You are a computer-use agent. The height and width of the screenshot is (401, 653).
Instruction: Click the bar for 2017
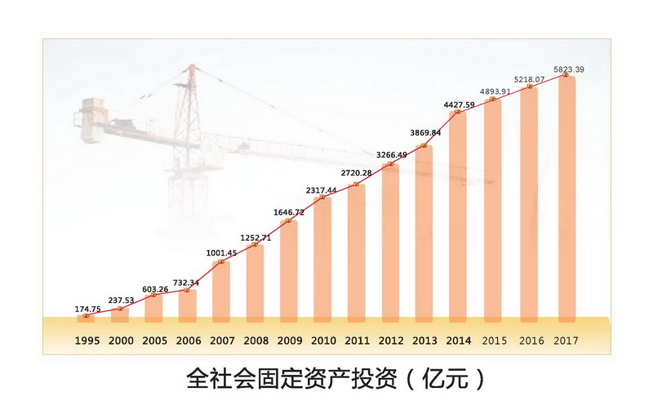566,196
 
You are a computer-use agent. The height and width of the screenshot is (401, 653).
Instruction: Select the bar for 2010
322,257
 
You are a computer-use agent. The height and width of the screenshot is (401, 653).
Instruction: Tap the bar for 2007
221,290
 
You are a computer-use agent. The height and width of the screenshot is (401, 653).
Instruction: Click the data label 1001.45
221,254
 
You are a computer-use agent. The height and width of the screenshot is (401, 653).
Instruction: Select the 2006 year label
188,338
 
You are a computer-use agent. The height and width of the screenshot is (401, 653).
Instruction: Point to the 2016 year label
531,338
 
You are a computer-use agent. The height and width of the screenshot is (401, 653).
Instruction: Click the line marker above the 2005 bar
154,295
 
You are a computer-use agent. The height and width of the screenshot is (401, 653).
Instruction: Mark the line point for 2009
289,221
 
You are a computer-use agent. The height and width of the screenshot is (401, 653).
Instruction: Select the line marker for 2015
494,99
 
